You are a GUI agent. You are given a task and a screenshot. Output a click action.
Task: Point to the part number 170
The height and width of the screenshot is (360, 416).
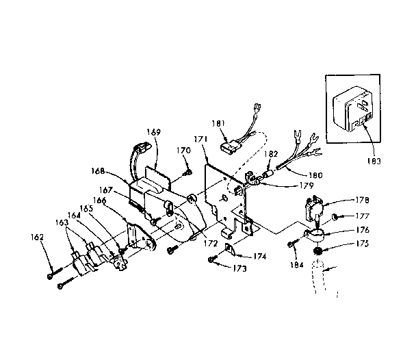tap(183, 150)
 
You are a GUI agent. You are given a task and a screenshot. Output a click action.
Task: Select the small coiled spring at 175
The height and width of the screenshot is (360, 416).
tap(318, 253)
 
